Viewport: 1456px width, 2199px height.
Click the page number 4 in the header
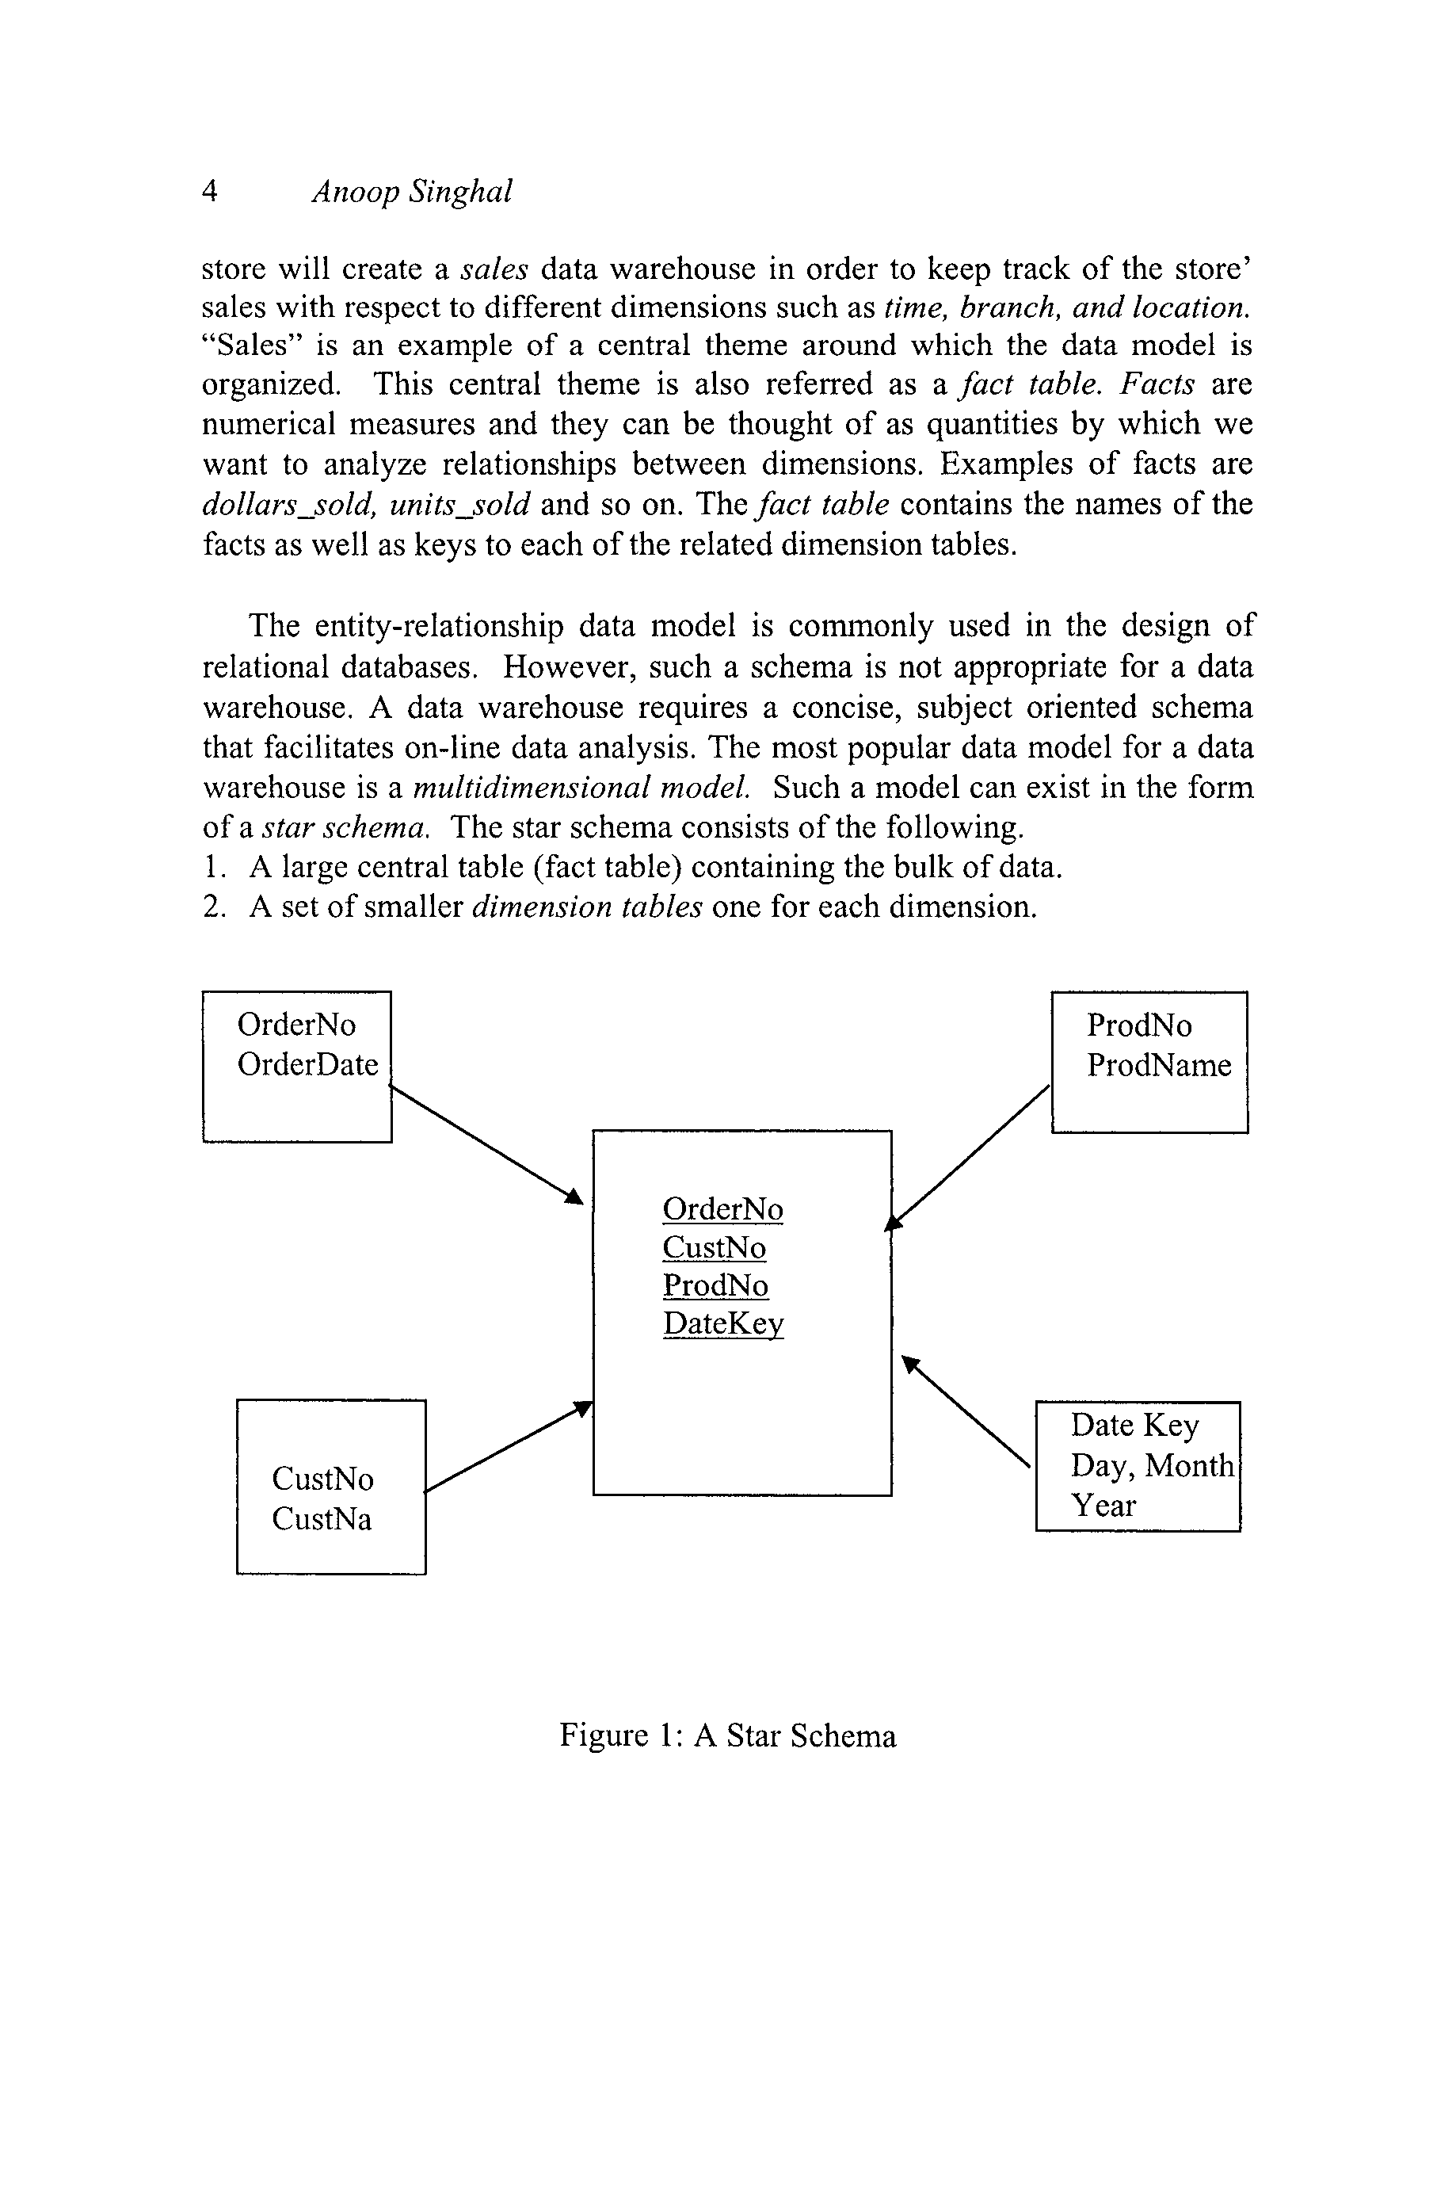click(211, 191)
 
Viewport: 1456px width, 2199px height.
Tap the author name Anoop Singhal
click(411, 191)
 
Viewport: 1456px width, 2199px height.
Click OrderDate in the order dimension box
click(307, 1064)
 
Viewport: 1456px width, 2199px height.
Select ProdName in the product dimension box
click(1159, 1065)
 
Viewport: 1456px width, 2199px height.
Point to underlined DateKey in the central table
click(723, 1323)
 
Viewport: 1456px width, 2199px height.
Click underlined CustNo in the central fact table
click(714, 1247)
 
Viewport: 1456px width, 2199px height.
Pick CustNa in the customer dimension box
click(322, 1519)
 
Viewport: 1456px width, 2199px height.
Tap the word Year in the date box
click(1103, 1506)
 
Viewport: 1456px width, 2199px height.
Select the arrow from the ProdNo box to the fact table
click(970, 1155)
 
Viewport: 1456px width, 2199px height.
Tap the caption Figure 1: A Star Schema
click(727, 1735)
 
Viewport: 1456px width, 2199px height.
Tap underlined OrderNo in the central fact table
click(722, 1209)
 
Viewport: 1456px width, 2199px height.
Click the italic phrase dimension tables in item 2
click(587, 907)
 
